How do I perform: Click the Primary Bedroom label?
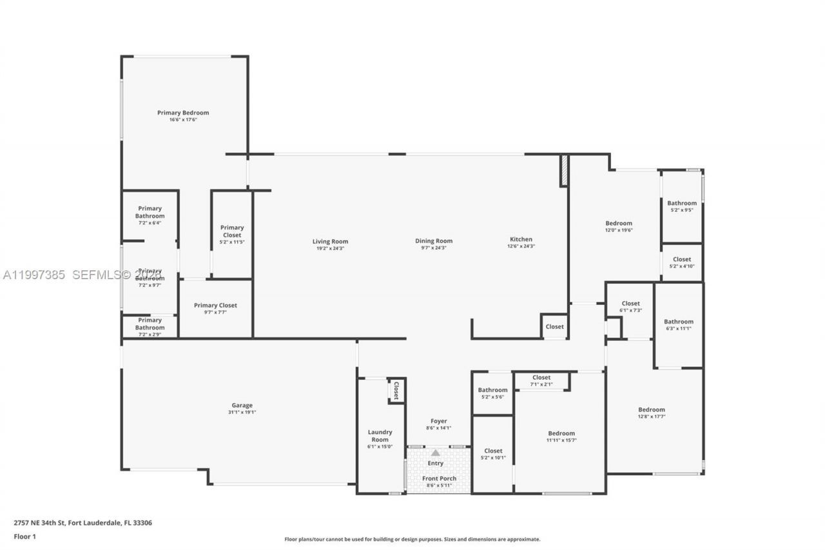[183, 113]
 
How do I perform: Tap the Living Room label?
[332, 242]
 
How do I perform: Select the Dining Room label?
[434, 241]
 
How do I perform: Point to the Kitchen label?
[521, 239]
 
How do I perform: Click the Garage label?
[242, 406]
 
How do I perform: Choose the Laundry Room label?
[380, 436]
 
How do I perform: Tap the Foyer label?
[438, 421]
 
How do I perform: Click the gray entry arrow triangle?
[436, 453]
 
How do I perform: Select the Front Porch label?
[439, 478]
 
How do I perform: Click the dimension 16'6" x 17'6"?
[183, 120]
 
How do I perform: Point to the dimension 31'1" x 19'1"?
[242, 413]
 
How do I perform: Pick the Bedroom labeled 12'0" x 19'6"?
[618, 223]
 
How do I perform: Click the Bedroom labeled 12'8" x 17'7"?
[652, 409]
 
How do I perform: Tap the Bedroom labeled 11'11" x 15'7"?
[561, 433]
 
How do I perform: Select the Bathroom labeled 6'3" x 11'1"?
[679, 322]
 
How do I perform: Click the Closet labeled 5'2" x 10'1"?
[493, 451]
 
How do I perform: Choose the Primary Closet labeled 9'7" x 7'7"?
[215, 305]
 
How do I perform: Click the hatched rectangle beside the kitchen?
[564, 170]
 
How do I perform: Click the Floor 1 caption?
[24, 536]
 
